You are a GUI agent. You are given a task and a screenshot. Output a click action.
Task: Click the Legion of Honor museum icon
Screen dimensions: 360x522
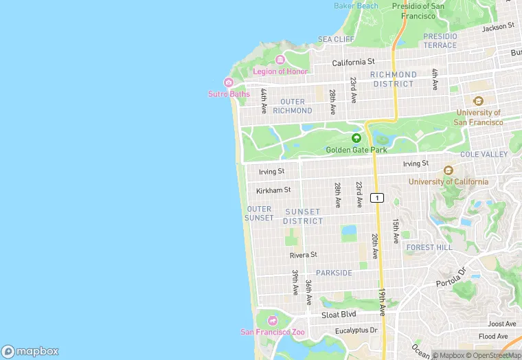coord(280,60)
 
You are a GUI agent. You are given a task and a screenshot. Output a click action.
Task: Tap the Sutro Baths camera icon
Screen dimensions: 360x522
coord(229,82)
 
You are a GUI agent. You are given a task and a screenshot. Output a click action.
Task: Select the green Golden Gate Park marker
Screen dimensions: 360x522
coord(356,138)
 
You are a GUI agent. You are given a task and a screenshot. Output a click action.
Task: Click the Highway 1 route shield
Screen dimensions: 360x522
coord(376,198)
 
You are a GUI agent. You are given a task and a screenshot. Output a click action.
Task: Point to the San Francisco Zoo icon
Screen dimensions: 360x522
coord(273,321)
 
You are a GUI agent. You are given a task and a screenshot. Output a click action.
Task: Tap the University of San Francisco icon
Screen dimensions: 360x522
coord(478,101)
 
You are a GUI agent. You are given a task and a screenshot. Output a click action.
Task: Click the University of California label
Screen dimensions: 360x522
coord(449,181)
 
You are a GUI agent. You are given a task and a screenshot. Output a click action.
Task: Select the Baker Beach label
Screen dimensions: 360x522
coord(356,5)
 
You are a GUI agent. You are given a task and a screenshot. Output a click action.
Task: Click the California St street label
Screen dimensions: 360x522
coord(353,62)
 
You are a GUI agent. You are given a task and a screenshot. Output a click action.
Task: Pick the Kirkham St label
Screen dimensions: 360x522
coord(273,190)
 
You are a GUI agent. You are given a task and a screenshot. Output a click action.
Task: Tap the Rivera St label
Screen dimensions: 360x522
coord(303,254)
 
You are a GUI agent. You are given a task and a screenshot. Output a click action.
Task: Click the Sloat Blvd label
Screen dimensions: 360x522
coord(339,315)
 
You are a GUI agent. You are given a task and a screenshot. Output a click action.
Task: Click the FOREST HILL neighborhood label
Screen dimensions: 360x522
coord(429,247)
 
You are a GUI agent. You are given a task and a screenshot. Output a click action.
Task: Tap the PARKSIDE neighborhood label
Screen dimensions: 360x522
coord(334,273)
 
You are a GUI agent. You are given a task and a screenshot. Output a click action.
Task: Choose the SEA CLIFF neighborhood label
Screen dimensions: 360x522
coord(336,39)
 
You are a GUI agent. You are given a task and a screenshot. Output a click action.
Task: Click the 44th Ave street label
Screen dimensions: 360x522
coord(263,101)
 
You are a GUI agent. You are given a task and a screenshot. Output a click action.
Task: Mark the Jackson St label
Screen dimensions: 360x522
coord(498,27)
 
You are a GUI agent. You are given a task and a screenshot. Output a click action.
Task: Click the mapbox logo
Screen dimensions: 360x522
coord(30,351)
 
